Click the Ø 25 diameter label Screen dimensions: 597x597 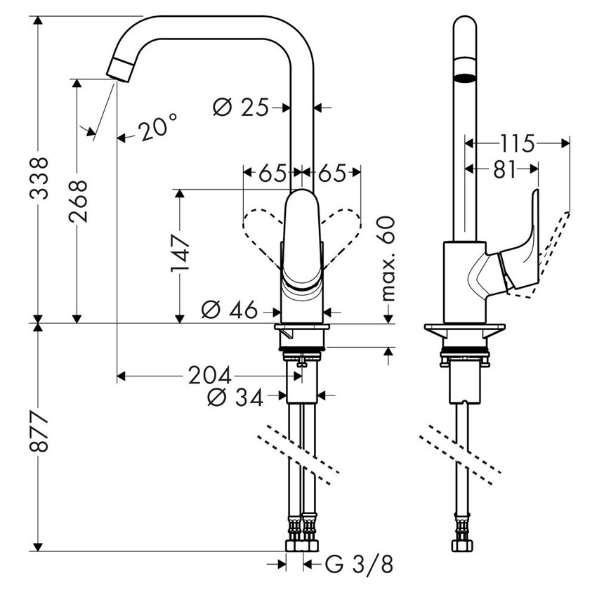241,107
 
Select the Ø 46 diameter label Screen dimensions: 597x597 230,309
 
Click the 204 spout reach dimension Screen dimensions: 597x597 211,376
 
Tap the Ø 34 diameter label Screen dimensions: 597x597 236,398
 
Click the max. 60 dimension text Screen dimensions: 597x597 388,259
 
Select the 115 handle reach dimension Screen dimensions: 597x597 517,143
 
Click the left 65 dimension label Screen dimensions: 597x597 271,173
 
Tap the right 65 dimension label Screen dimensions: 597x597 332,173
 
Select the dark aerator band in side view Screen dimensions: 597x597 464,77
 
